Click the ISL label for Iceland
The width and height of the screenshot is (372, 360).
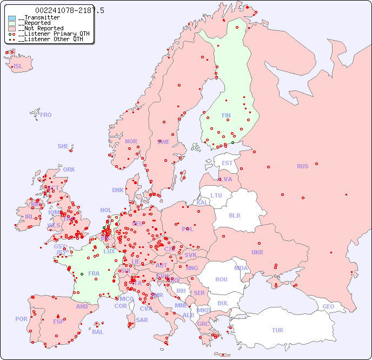pos(18,67)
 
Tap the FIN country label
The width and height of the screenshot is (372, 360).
pos(226,115)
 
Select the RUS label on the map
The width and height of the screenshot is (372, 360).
pos(302,166)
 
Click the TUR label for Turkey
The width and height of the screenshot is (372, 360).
pos(277,330)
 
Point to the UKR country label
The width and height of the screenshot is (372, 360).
pos(257,252)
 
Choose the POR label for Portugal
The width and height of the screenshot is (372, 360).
pos(21,319)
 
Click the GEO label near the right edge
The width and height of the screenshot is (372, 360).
pos(328,306)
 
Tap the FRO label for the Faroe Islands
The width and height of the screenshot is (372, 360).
pos(46,115)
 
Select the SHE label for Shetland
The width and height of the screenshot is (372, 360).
pos(63,146)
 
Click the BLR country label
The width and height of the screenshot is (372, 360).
pos(234,215)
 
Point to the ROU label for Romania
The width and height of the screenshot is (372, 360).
pos(221,279)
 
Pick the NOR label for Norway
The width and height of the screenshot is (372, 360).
pos(131,141)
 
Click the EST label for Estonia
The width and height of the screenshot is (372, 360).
pos(227,163)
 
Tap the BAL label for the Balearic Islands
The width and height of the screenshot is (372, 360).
pos(98,332)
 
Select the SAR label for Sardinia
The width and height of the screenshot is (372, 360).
pos(142,320)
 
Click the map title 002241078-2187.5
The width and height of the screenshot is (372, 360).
pos(70,10)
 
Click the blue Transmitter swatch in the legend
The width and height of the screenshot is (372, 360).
pos(12,18)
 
